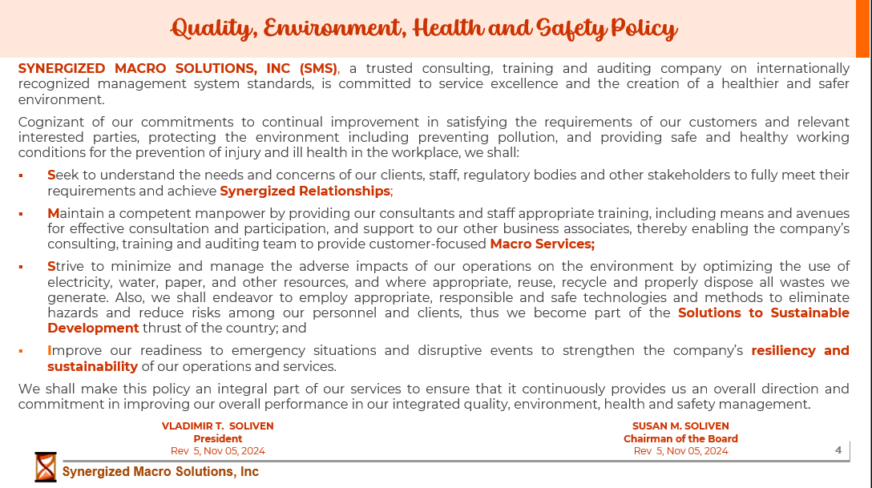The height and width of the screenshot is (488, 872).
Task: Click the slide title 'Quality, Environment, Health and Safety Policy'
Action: (x=425, y=29)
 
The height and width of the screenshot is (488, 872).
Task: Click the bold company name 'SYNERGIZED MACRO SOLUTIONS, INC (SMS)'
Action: (x=178, y=69)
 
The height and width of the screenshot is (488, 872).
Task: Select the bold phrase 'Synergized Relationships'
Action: (x=305, y=191)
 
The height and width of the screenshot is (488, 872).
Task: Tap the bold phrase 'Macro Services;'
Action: (x=542, y=244)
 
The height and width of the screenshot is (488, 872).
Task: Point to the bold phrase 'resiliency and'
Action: (x=800, y=350)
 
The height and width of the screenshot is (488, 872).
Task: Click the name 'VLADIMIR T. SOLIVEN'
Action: (x=217, y=426)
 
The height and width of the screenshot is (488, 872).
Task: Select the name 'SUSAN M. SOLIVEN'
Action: (x=680, y=426)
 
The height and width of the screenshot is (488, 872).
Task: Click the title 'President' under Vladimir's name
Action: (x=217, y=439)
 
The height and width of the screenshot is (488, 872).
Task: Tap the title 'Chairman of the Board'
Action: (x=680, y=439)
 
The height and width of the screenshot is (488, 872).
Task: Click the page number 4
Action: (x=838, y=450)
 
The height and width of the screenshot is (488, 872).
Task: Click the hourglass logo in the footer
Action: (x=46, y=466)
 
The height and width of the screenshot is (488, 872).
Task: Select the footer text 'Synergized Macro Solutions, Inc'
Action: (x=160, y=472)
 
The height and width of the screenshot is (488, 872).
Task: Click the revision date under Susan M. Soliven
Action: (x=680, y=451)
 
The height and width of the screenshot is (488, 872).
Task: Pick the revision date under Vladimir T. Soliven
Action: (x=217, y=451)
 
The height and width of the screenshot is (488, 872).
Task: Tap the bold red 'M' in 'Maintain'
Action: (x=54, y=213)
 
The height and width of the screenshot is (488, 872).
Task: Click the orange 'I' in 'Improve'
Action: (x=50, y=350)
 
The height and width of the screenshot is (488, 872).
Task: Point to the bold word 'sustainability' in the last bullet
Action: (x=92, y=366)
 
